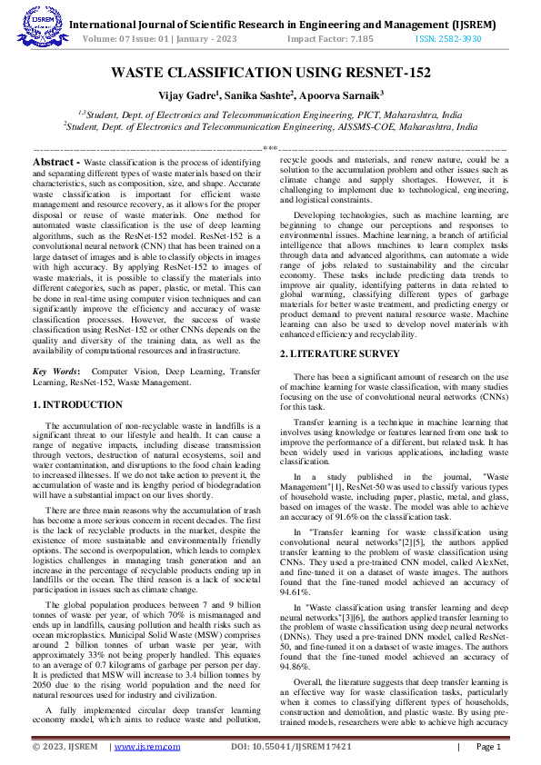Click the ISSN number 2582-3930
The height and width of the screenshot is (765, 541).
pos(447,40)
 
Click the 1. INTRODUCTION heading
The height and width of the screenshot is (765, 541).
pos(77,403)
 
